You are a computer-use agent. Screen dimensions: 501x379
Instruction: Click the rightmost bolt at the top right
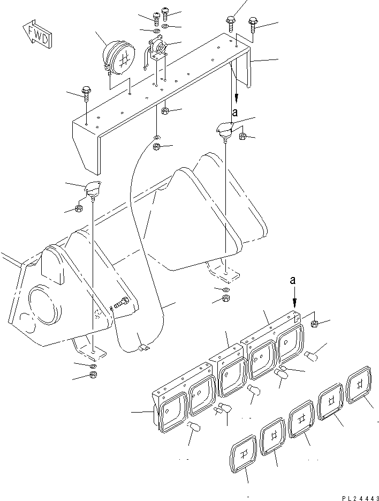tap(253, 22)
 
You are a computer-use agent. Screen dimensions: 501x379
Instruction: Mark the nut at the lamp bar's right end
tap(315, 323)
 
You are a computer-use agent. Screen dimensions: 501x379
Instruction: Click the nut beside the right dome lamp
tap(242, 136)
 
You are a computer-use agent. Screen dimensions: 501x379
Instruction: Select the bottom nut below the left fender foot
tap(93, 375)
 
